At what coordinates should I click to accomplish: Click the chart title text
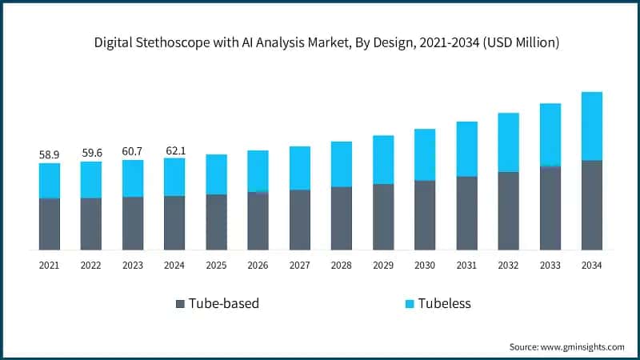click(x=320, y=42)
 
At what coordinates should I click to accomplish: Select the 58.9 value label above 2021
click(x=49, y=153)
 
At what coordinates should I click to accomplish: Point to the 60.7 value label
click(x=133, y=150)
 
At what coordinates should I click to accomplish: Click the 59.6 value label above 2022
click(x=91, y=152)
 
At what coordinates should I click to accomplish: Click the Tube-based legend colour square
click(x=181, y=304)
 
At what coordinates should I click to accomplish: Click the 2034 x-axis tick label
click(x=591, y=264)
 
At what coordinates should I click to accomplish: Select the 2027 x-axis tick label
click(x=299, y=264)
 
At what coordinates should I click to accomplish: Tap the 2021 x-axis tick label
click(x=49, y=264)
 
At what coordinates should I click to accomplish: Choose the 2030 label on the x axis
click(x=425, y=264)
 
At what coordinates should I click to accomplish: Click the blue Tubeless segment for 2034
click(x=591, y=126)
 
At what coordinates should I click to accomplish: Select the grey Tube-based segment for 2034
click(x=591, y=205)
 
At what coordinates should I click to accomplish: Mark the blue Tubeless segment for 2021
click(x=49, y=180)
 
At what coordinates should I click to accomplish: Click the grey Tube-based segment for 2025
click(x=216, y=222)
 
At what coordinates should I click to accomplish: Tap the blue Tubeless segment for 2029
click(x=383, y=159)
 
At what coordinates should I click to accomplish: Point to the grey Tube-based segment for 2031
click(x=466, y=213)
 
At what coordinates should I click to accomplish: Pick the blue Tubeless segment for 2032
click(x=508, y=142)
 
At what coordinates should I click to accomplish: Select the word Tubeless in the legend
click(x=444, y=304)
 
